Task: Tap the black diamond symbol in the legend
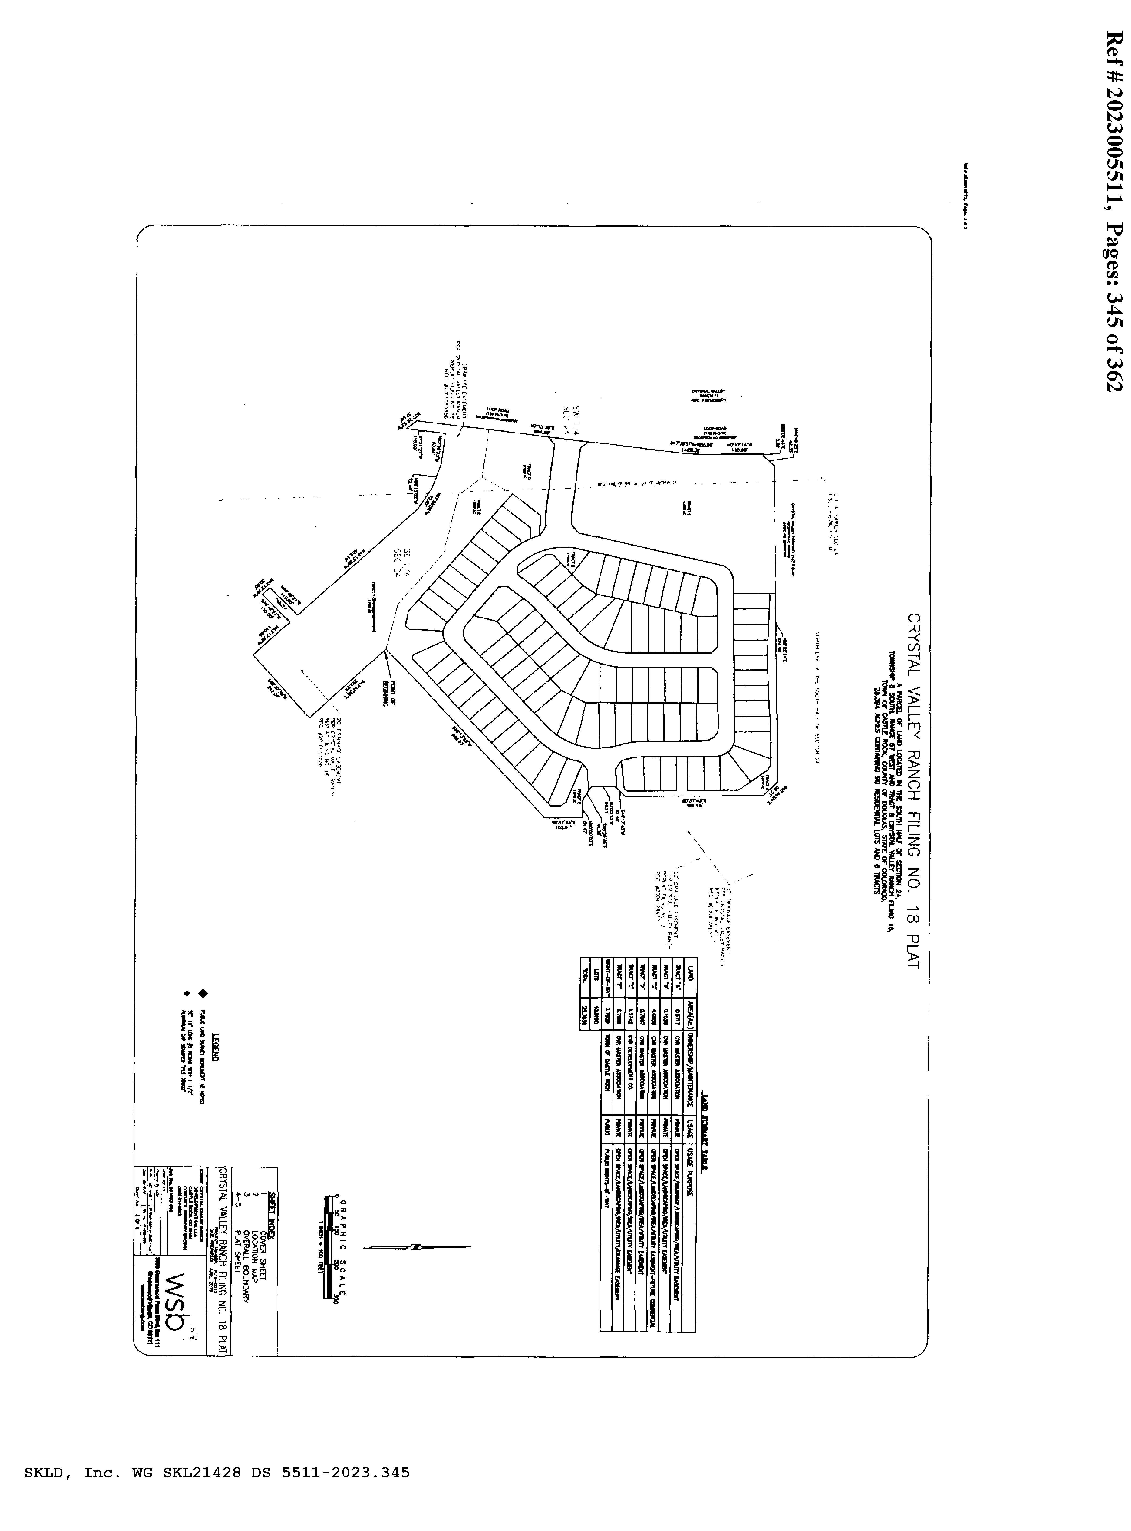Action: [x=203, y=993]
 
